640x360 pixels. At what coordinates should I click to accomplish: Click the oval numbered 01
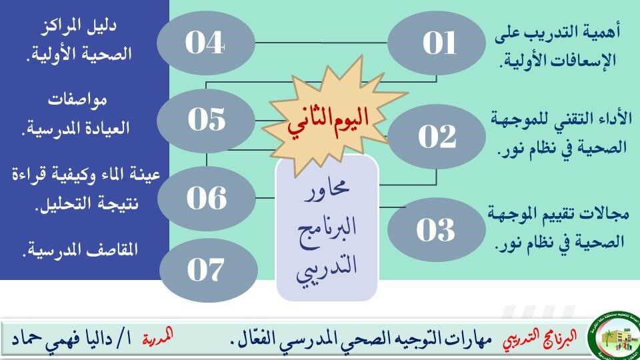click(x=436, y=43)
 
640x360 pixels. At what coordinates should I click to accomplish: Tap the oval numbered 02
click(x=437, y=136)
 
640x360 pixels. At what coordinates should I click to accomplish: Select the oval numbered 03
click(x=436, y=230)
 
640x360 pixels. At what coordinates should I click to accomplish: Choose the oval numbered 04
click(x=206, y=43)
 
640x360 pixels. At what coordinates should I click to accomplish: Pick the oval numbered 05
click(x=206, y=121)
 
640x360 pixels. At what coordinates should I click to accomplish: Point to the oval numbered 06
click(x=207, y=199)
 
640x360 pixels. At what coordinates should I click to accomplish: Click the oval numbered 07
click(x=209, y=270)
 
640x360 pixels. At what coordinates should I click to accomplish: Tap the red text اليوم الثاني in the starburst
click(x=328, y=121)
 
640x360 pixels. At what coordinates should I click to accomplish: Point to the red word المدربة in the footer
click(x=158, y=337)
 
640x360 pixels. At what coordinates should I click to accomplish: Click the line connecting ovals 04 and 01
click(x=321, y=43)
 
